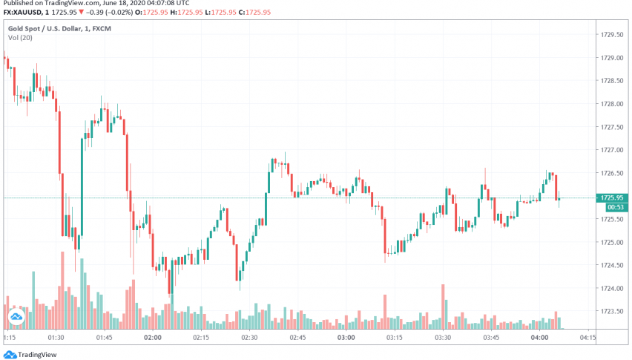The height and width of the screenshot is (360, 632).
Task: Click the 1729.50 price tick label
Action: click(x=611, y=34)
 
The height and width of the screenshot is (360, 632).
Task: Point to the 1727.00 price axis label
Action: click(x=611, y=149)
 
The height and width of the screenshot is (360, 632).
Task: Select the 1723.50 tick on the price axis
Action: click(x=611, y=311)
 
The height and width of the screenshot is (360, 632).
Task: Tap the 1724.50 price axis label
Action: click(x=611, y=265)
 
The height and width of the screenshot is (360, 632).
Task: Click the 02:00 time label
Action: click(x=153, y=338)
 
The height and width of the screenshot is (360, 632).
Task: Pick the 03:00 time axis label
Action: click(x=346, y=338)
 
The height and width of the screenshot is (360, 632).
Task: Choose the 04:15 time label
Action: click(x=587, y=338)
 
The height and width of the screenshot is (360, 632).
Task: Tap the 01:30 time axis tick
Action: click(x=56, y=338)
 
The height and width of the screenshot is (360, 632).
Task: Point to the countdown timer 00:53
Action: click(x=612, y=207)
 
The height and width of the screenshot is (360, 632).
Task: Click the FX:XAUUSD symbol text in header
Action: click(x=25, y=13)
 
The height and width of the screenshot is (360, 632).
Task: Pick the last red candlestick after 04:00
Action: click(x=556, y=187)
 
